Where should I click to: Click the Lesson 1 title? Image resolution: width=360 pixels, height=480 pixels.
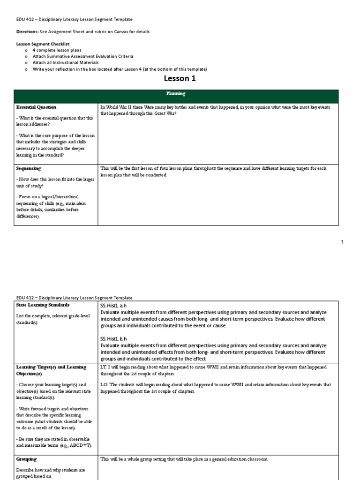(x=180, y=79)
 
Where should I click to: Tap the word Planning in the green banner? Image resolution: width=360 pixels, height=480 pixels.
(x=180, y=94)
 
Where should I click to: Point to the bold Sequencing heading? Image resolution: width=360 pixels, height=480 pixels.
(x=28, y=168)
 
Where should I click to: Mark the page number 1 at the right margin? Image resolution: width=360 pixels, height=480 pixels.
(x=342, y=242)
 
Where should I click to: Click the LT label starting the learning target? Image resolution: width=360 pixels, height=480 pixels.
(x=104, y=367)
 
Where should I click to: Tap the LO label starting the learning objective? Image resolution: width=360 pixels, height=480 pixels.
(x=105, y=385)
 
